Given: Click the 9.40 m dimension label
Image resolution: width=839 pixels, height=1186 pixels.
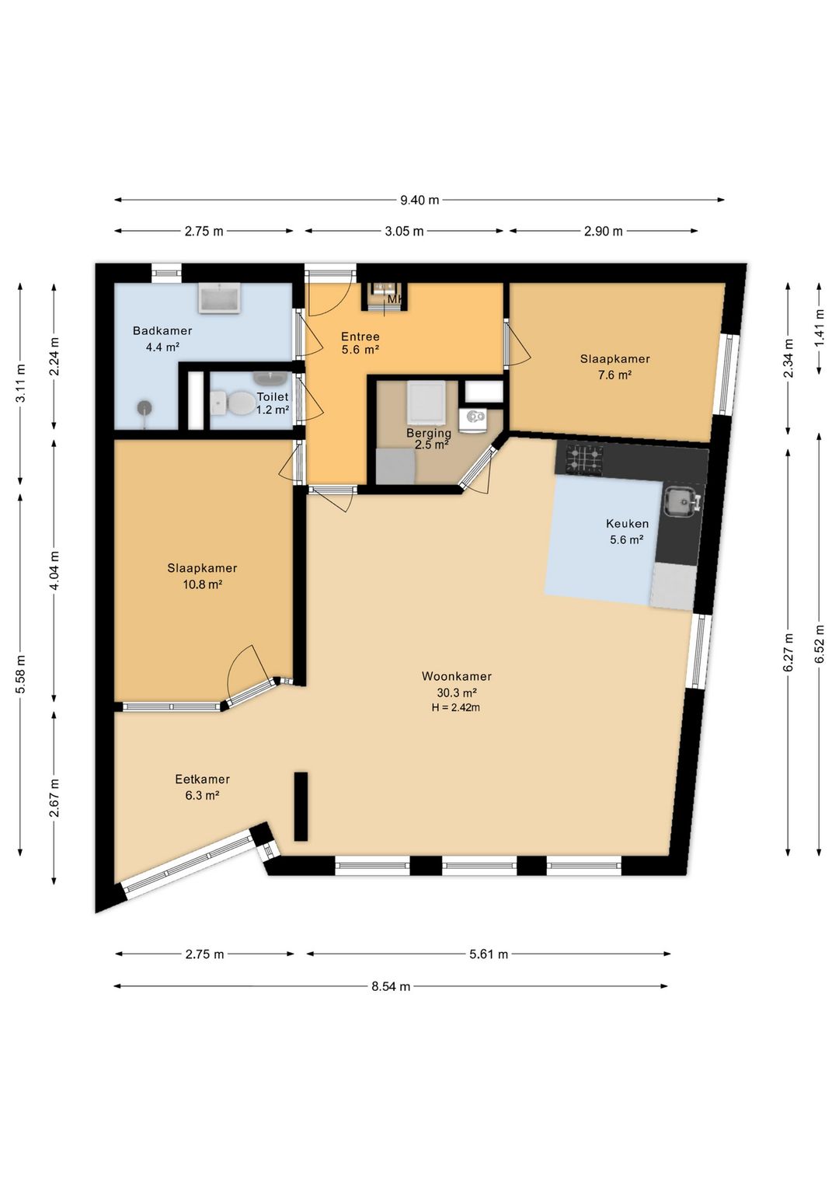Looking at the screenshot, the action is [x=419, y=201].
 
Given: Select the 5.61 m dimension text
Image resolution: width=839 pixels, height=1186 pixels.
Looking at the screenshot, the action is [x=488, y=954].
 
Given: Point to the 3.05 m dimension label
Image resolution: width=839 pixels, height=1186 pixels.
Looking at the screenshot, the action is [x=404, y=232].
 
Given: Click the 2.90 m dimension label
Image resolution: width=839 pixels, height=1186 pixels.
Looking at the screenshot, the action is [x=604, y=232].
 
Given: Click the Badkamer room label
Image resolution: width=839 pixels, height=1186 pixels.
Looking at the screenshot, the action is [x=162, y=331].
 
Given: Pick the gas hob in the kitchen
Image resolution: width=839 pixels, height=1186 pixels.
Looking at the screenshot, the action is [x=585, y=459].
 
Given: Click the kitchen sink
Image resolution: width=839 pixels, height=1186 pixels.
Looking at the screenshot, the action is [x=682, y=501].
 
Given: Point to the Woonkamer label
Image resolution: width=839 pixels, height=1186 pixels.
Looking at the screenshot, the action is [x=456, y=676].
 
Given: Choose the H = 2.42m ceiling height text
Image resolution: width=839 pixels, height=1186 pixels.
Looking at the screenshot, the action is [x=456, y=707].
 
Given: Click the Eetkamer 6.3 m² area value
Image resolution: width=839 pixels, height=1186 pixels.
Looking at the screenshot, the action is [x=202, y=795].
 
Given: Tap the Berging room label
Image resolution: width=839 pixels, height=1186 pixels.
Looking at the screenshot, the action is [x=429, y=433].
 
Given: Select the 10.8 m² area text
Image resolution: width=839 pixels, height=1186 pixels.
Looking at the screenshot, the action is [x=202, y=584].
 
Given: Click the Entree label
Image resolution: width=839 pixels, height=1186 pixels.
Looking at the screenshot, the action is [x=360, y=337].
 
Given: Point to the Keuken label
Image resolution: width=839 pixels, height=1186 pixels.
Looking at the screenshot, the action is [x=627, y=524].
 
